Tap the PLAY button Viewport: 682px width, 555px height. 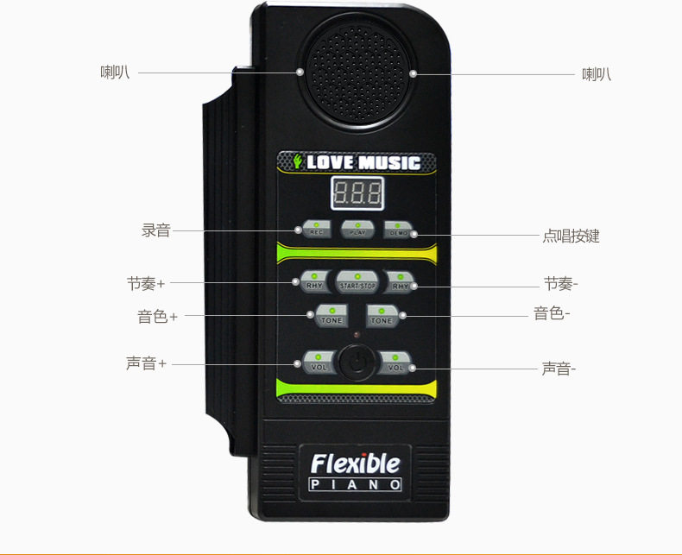(x=357, y=230)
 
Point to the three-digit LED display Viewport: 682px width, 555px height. (x=357, y=193)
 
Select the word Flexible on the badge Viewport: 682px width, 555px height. (x=356, y=464)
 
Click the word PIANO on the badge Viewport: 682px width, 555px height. (x=356, y=484)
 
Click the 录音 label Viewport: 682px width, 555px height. (x=156, y=230)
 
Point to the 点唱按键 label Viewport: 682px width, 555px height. (x=571, y=236)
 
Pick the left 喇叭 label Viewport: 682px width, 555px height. (x=115, y=73)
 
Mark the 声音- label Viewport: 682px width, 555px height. (x=559, y=369)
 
